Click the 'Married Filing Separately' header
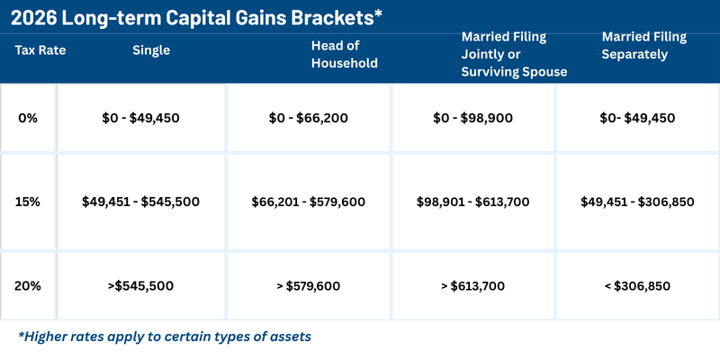point(643,45)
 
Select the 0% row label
point(28,118)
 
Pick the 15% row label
point(28,202)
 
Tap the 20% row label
point(28,286)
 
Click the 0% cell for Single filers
point(140,118)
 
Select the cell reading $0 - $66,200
point(309,118)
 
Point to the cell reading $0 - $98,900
point(475,118)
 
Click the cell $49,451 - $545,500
point(140,202)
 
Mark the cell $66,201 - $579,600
point(309,202)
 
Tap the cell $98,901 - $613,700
point(475,202)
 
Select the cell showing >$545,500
point(140,286)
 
